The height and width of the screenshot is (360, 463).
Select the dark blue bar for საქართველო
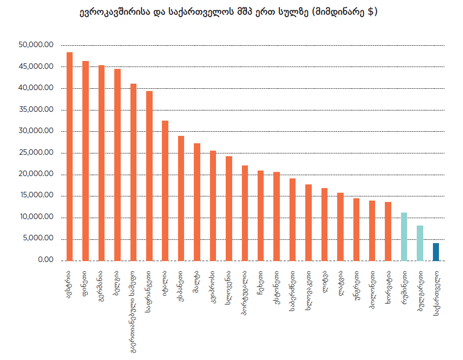436,252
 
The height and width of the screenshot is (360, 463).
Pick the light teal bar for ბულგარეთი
420,243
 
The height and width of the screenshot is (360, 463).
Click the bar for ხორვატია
388,231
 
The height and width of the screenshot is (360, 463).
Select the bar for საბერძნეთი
292,220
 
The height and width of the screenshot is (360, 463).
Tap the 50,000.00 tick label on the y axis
37,45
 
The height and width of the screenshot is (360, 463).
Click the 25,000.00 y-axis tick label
37,153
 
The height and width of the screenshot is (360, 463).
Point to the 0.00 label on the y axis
45,261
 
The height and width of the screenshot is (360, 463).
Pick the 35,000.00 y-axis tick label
37,110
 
